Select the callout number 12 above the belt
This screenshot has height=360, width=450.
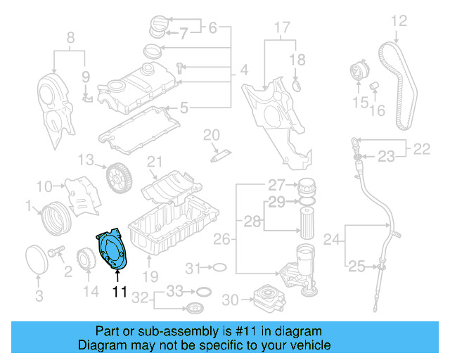click(399, 21)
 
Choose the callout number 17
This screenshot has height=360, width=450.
click(281, 29)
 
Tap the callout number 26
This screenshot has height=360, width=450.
click(221, 240)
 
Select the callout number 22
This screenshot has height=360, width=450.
click(422, 149)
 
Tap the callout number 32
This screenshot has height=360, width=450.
click(140, 298)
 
